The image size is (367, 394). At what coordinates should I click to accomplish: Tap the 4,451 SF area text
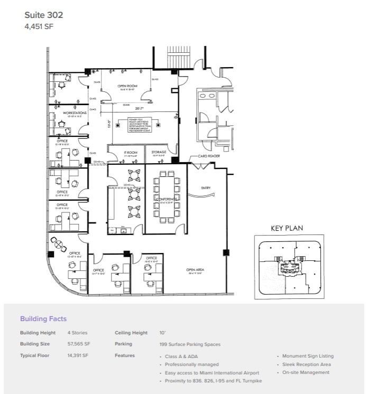click(x=39, y=26)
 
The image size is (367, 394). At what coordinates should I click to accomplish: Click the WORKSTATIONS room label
click(x=75, y=113)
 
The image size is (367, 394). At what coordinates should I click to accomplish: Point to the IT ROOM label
click(x=123, y=152)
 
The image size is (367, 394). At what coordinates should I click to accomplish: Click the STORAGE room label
click(x=159, y=152)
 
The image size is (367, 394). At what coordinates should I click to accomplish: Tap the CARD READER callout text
click(x=209, y=156)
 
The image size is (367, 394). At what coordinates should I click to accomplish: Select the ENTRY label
click(x=206, y=188)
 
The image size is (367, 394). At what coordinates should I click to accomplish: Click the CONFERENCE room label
click(x=166, y=199)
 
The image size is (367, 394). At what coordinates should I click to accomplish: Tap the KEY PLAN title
click(x=287, y=228)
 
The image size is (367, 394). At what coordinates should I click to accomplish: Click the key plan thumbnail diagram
click(x=287, y=267)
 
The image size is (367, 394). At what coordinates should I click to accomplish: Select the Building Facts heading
click(x=43, y=318)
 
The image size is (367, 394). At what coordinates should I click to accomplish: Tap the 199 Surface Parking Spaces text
click(x=189, y=344)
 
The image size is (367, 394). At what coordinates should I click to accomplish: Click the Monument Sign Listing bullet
click(x=308, y=356)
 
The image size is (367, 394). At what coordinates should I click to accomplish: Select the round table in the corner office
click(x=58, y=243)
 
